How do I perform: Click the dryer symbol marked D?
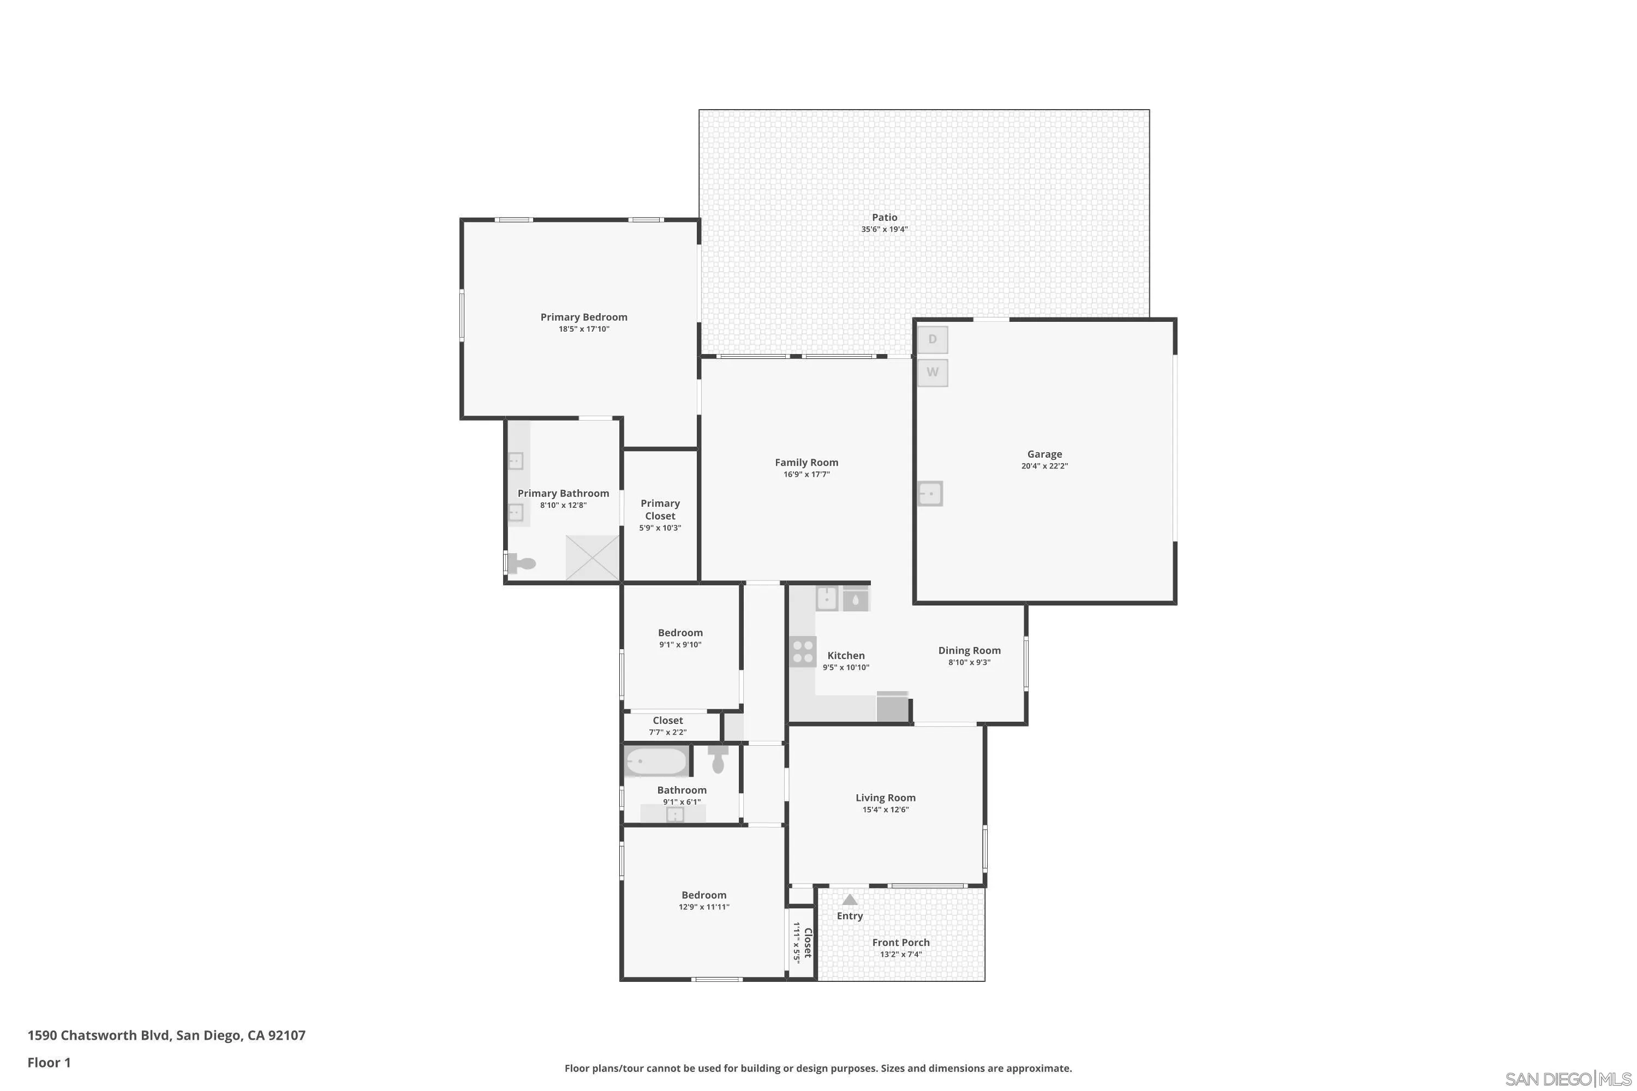932,339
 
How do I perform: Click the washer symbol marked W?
932,372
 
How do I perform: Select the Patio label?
884,218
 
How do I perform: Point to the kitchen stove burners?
803,652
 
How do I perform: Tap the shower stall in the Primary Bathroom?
592,558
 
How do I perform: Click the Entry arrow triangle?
850,900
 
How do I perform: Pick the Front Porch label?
901,943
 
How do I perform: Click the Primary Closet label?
660,509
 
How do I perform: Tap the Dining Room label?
969,651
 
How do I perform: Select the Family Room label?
806,463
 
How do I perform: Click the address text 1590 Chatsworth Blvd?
98,1035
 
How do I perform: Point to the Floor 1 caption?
49,1063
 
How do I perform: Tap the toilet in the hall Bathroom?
718,760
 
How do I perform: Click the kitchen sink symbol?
826,598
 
